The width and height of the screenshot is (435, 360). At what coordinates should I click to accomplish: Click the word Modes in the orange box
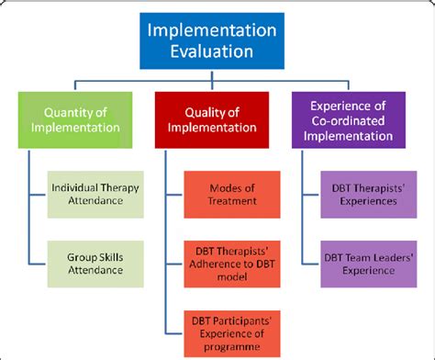click(213, 186)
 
